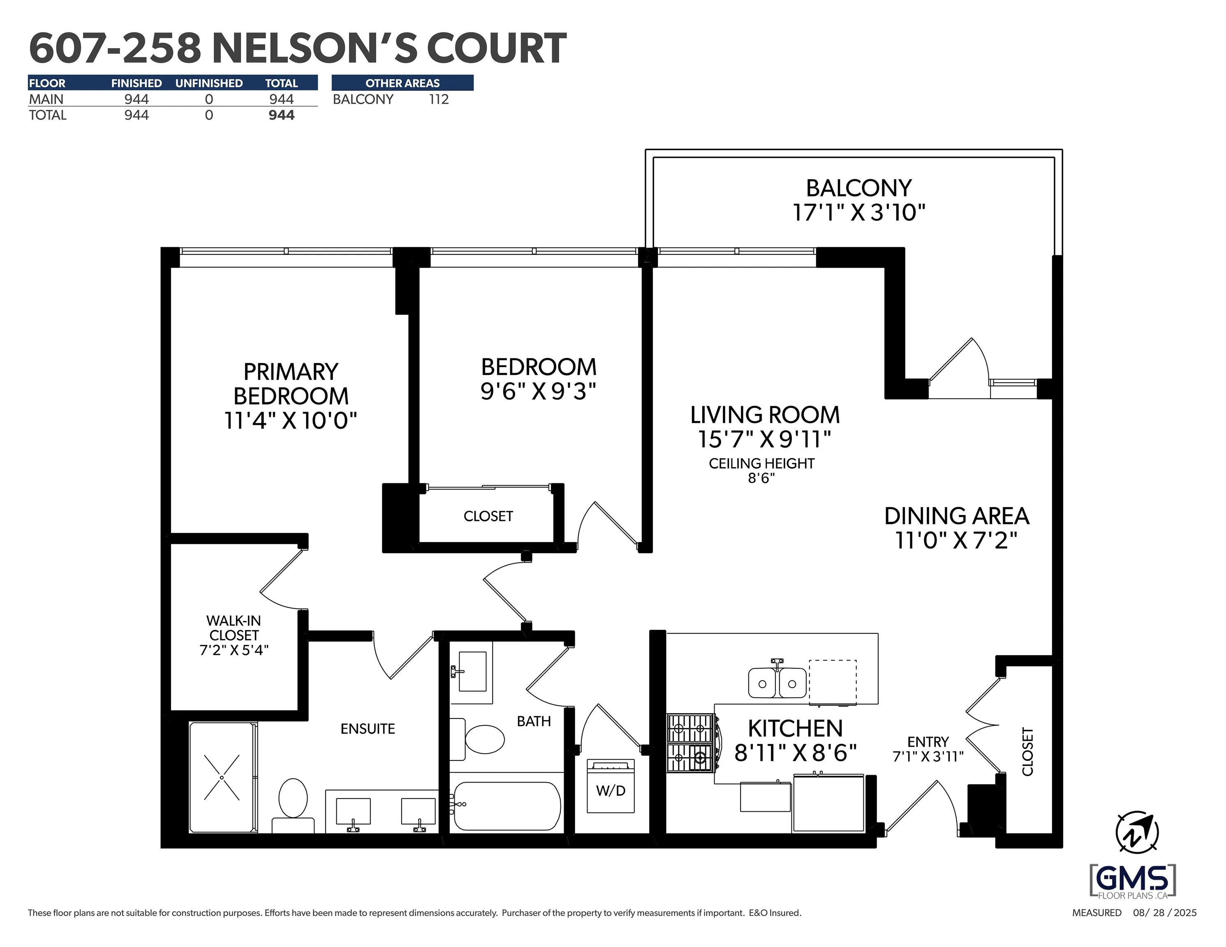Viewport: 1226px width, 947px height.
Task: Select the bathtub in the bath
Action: click(x=507, y=806)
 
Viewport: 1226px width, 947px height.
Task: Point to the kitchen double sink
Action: click(x=777, y=683)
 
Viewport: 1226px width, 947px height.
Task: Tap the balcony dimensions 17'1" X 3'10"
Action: click(x=858, y=213)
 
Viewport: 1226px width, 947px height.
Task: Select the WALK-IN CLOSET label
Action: click(x=234, y=628)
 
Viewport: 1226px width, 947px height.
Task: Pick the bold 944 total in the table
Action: click(x=281, y=115)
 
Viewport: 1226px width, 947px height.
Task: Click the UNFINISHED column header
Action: click(x=209, y=83)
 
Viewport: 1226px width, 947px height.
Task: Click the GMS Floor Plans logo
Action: click(x=1133, y=880)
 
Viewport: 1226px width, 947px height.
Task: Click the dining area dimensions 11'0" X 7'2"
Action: click(x=956, y=540)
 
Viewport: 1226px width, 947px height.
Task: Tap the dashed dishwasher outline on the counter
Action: click(x=832, y=681)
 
